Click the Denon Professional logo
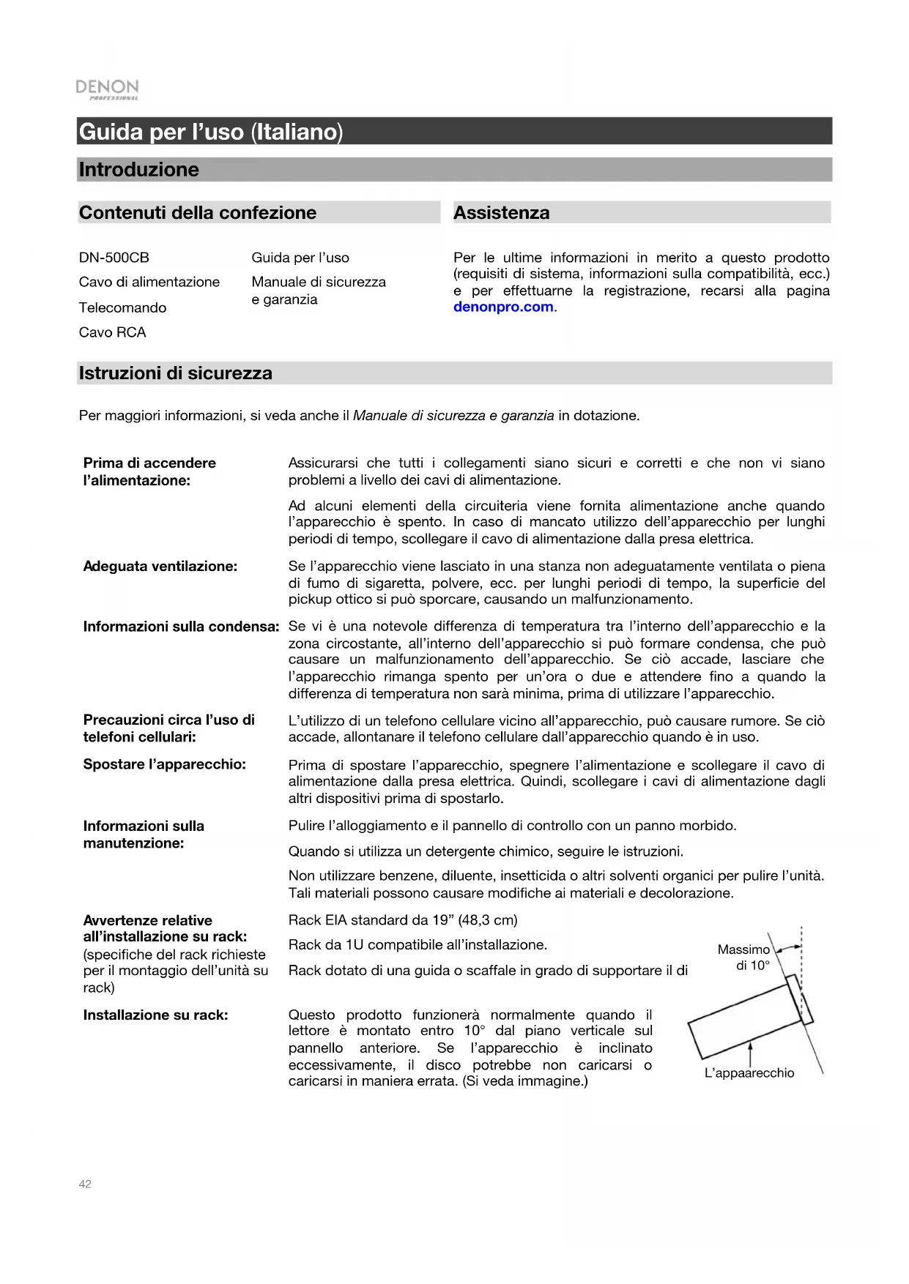click(107, 89)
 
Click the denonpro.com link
click(503, 307)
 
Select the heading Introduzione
click(139, 170)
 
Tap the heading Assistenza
click(502, 213)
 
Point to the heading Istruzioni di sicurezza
click(176, 373)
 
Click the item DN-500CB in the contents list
click(114, 258)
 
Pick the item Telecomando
click(123, 308)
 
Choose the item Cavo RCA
click(113, 332)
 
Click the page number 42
click(85, 1184)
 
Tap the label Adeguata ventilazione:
click(160, 567)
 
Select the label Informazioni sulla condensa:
click(181, 627)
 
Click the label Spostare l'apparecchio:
click(165, 764)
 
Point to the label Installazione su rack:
click(155, 1015)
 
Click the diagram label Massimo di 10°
click(744, 958)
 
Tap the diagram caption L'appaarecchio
click(749, 1073)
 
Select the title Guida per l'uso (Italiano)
click(211, 132)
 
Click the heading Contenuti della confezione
click(198, 213)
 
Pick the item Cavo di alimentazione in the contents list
click(149, 283)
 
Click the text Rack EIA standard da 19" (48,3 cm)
click(403, 920)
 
